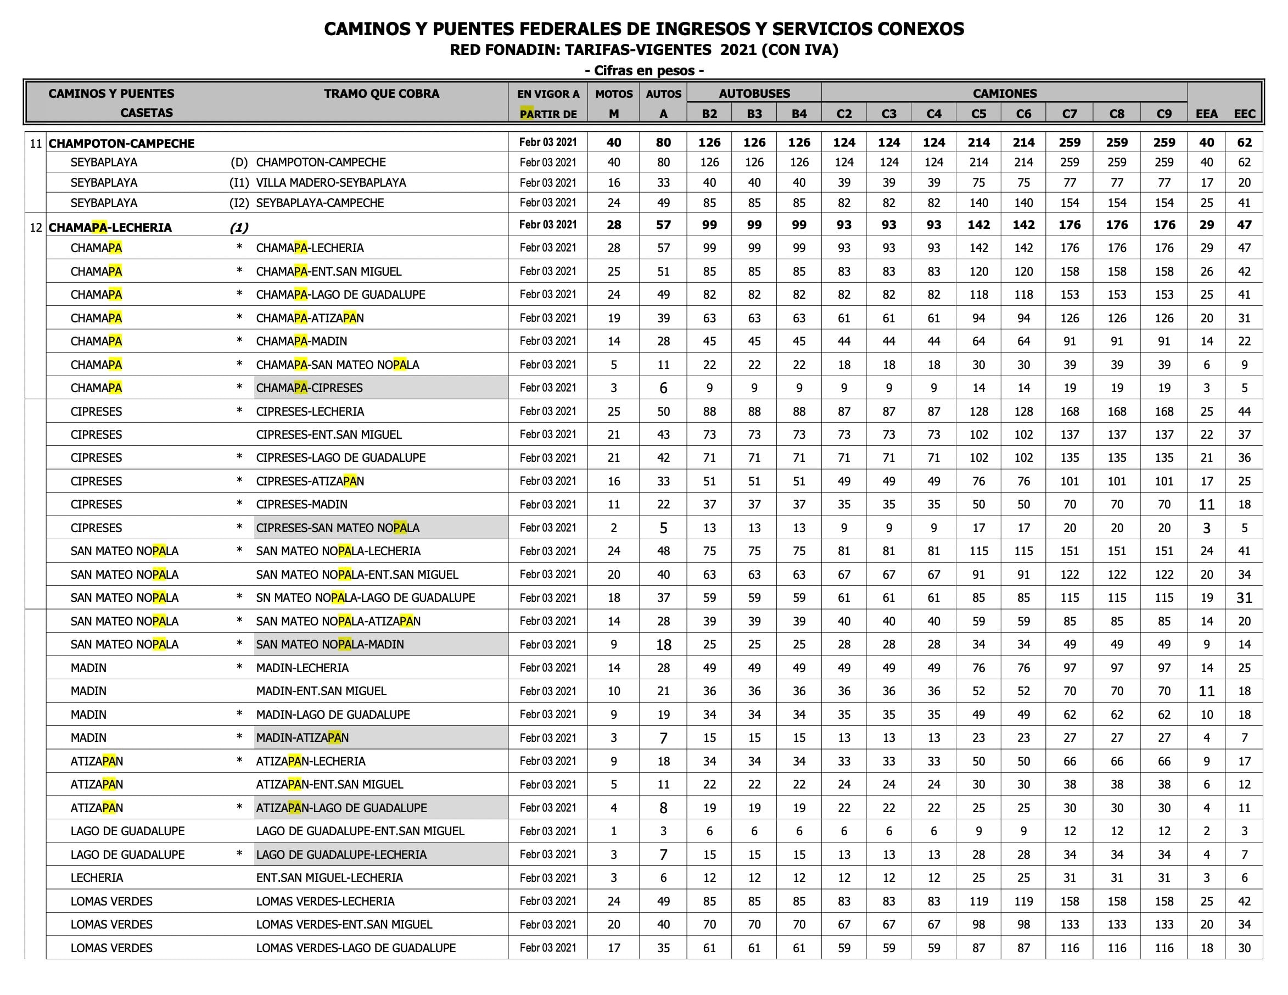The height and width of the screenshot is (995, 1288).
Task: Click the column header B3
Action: click(x=754, y=114)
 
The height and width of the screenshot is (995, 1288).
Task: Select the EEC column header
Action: click(x=1245, y=114)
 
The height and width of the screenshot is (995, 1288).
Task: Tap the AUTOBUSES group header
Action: click(x=754, y=93)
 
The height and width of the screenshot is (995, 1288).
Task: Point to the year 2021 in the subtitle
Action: click(x=738, y=50)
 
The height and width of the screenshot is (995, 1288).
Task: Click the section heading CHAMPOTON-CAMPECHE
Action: click(x=121, y=143)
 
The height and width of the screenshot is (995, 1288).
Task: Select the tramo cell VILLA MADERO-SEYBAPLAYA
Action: click(x=331, y=183)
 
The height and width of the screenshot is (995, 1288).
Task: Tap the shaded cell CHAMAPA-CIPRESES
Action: click(x=310, y=388)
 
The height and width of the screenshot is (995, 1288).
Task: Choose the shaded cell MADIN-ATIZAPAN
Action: click(x=302, y=738)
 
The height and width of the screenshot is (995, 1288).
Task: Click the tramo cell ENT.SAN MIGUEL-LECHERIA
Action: click(x=329, y=877)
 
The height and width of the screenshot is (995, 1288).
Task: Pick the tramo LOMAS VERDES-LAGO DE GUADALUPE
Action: click(x=356, y=948)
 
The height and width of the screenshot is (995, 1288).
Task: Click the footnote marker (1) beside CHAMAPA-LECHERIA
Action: click(x=239, y=228)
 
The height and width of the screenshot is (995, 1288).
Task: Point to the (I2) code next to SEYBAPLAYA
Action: click(x=239, y=203)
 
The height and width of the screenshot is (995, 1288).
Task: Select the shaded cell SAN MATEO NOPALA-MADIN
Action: click(x=329, y=645)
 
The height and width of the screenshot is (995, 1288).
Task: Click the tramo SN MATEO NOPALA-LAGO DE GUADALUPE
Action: click(x=365, y=597)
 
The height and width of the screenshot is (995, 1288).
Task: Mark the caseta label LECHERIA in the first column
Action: click(x=97, y=877)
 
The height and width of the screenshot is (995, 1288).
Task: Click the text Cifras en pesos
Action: click(x=644, y=71)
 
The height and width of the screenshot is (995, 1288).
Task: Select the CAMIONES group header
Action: click(x=1004, y=93)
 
